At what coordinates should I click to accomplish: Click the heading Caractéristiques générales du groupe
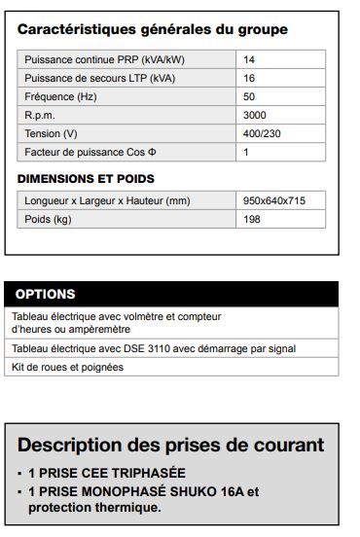coord(153,30)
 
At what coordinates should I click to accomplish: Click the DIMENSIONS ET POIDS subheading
coord(87,179)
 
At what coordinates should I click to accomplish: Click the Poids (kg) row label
coord(50,220)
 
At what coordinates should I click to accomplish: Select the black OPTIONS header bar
coord(172,294)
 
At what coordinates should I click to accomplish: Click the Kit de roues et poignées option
coord(67,367)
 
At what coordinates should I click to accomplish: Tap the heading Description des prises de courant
coord(171,446)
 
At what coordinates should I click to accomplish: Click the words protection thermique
coord(94,508)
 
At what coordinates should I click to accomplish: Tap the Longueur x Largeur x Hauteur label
coord(108,201)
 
